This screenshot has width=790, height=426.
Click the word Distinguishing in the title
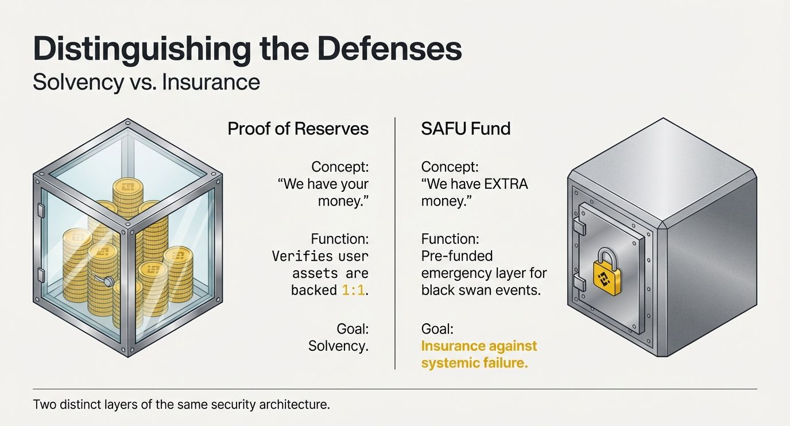[x=141, y=50]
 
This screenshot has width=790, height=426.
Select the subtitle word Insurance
[x=211, y=82]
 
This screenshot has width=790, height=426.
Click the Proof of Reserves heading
[x=298, y=129]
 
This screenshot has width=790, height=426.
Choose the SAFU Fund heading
[x=466, y=129]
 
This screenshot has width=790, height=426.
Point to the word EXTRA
[x=501, y=185]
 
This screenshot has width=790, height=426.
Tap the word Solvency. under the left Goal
[x=338, y=346]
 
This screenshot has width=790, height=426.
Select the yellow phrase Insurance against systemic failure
[x=479, y=354]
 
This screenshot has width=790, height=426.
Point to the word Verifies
[x=301, y=255]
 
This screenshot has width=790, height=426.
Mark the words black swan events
[x=481, y=290]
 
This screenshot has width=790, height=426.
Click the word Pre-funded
[x=457, y=255]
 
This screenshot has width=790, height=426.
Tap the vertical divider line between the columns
[x=395, y=241]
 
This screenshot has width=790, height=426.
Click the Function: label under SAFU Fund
[x=450, y=238]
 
